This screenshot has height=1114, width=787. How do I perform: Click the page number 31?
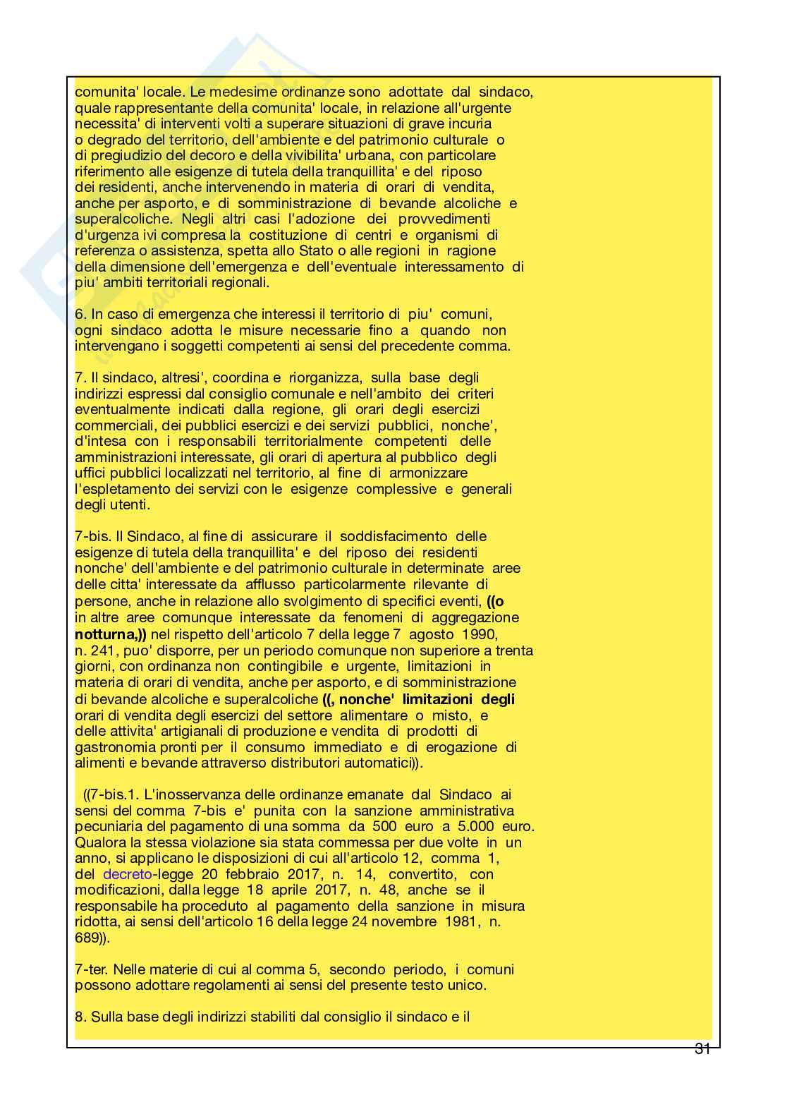(702, 1048)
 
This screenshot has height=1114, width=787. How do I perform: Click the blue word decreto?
(127, 874)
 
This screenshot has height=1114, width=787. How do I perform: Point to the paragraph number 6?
(79, 314)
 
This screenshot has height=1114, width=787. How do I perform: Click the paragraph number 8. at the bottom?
(80, 1016)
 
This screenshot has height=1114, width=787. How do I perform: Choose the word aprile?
(279, 890)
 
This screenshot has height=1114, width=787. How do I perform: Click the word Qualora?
(99, 842)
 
